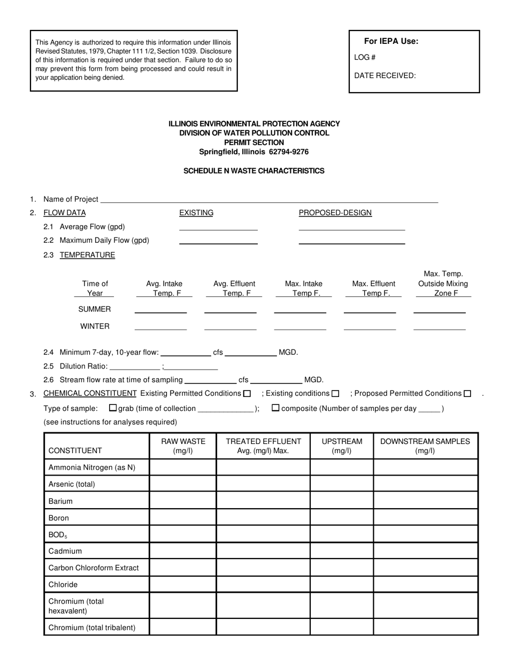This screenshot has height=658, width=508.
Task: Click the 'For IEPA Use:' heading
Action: [x=391, y=41]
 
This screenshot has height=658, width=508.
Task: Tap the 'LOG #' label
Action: [x=365, y=57]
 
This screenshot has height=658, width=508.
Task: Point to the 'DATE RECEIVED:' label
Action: [x=384, y=75]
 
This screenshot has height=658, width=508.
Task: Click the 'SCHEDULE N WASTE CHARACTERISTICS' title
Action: [x=253, y=171]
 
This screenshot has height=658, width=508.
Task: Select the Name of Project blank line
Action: [x=269, y=200]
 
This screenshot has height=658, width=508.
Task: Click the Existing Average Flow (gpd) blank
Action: [x=218, y=227]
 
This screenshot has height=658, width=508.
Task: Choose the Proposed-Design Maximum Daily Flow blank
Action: [x=351, y=240]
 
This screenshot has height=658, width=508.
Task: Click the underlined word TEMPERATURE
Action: [x=87, y=255]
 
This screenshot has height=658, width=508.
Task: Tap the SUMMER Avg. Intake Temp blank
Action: [x=160, y=309]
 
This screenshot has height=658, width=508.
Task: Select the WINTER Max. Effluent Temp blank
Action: [x=370, y=326]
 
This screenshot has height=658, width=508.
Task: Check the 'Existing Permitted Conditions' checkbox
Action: [x=247, y=394]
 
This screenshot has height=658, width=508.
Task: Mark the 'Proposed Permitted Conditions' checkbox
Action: [x=467, y=394]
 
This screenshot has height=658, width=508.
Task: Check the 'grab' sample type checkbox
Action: [x=113, y=408]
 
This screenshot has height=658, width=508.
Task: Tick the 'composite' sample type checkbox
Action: [x=275, y=408]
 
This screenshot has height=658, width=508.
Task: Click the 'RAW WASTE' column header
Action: [x=183, y=446]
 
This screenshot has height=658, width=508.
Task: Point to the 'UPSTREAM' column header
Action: [x=342, y=446]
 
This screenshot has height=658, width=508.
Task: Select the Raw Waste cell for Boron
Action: [x=183, y=518]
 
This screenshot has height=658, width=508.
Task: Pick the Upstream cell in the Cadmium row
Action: [x=342, y=551]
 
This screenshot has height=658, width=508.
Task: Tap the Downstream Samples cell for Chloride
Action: [x=425, y=585]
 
